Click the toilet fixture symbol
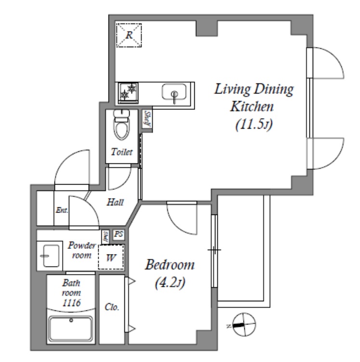pyautogui.click(x=121, y=125)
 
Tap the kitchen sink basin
pyautogui.click(x=174, y=92)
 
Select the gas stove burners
pyautogui.click(x=128, y=93)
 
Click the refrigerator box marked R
pyautogui.click(x=129, y=35)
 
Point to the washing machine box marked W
pyautogui.click(x=111, y=257)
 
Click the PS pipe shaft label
pyautogui.click(x=119, y=235)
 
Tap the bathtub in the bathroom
pyautogui.click(x=71, y=329)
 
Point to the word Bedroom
pyautogui.click(x=170, y=265)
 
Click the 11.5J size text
pyautogui.click(x=254, y=125)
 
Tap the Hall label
pyautogui.click(x=115, y=202)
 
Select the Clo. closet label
pyautogui.click(x=112, y=307)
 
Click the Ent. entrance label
pyautogui.click(x=62, y=210)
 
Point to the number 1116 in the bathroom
pyautogui.click(x=71, y=303)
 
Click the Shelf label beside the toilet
pyautogui.click(x=147, y=119)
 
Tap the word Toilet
pyautogui.click(x=121, y=152)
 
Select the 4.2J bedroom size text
pyautogui.click(x=170, y=283)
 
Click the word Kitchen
pyautogui.click(x=252, y=107)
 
